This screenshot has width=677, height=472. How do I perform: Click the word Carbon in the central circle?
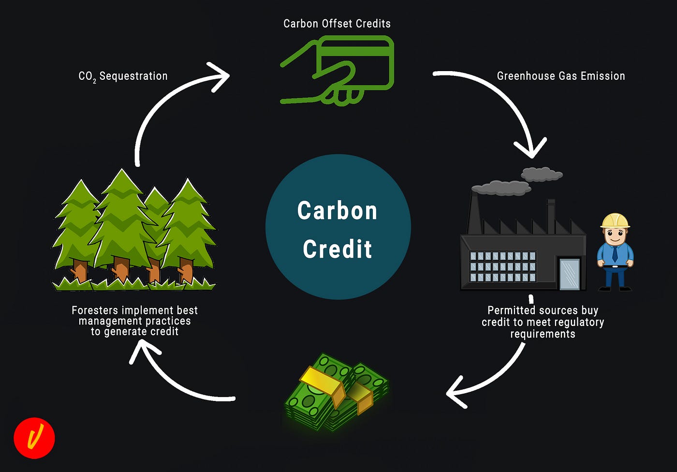pos(337,211)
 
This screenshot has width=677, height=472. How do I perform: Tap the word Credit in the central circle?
pos(337,249)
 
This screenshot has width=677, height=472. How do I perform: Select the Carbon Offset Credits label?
pos(337,24)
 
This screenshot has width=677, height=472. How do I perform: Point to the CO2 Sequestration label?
pos(123,76)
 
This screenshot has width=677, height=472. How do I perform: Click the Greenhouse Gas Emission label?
pos(560,76)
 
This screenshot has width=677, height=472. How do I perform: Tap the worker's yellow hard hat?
pos(615,221)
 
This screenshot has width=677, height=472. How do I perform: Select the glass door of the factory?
pos(569,274)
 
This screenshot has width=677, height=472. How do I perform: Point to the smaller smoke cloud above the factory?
pos(542,174)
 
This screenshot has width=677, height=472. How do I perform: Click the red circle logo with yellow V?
pos(34,438)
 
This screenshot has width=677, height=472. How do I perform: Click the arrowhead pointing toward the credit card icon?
pos(220,76)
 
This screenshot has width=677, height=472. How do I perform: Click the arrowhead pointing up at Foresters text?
pos(141,349)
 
